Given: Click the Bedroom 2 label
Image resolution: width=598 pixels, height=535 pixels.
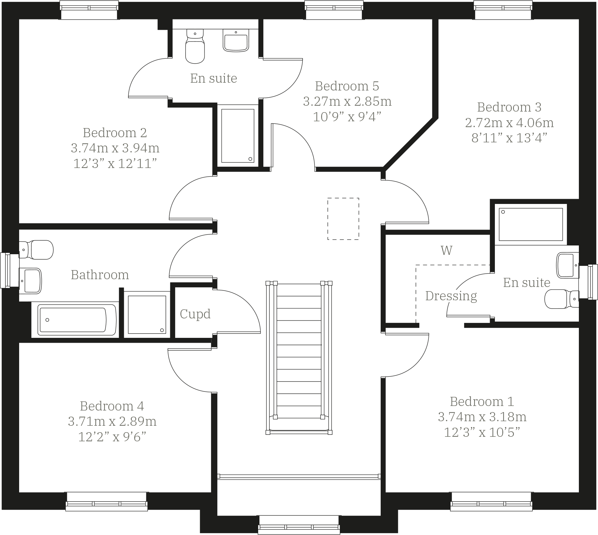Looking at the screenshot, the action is click(x=115, y=133).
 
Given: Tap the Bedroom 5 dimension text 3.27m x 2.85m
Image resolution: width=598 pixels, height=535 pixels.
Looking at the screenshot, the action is click(x=347, y=101).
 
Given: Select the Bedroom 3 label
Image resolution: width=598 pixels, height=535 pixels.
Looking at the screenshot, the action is click(x=509, y=107).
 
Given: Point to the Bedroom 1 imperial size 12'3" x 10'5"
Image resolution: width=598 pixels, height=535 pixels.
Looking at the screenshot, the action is click(x=482, y=432).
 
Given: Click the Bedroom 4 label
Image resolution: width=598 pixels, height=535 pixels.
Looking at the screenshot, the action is click(x=112, y=406).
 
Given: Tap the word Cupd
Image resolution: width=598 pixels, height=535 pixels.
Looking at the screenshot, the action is click(x=195, y=314).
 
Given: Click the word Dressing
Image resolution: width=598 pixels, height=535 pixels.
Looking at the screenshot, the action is click(x=451, y=296).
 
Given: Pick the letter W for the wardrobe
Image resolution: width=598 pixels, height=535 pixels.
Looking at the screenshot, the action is click(x=446, y=250).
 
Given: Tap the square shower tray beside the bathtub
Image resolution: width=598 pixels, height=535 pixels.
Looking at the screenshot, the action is click(x=147, y=314).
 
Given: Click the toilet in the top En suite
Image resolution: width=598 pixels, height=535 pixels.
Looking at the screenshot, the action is click(x=195, y=47).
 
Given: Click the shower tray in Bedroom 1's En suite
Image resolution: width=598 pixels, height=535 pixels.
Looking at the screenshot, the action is click(x=531, y=224).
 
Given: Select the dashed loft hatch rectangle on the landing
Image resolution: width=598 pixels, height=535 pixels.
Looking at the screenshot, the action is click(x=343, y=219).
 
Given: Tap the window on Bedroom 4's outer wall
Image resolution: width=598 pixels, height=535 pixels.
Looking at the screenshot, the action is click(x=107, y=501).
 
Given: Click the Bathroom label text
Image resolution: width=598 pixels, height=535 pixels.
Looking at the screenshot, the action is click(x=100, y=275).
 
